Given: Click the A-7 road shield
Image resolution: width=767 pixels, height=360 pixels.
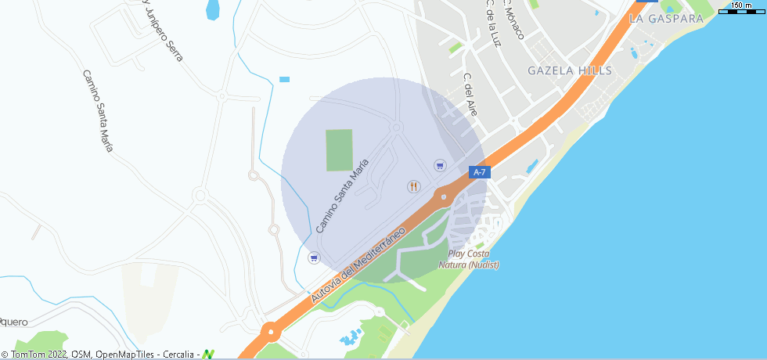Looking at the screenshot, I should point(480,172).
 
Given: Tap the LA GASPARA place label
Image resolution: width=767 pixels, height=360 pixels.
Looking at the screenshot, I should point(665,18).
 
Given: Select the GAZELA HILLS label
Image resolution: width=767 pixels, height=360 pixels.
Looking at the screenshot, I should point(570,70).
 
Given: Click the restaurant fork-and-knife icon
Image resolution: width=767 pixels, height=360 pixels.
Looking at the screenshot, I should point(414,186).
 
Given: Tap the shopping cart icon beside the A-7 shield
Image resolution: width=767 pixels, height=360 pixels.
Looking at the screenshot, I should point(440,165).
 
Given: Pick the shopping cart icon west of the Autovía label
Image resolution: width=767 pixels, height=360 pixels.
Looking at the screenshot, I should point(314,257).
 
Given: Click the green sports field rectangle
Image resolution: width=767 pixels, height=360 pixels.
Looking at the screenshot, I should point(339,150).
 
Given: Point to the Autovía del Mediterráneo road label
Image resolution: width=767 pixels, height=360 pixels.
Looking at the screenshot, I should point(357,266).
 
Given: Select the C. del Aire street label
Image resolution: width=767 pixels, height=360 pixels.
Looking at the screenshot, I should point(470,95).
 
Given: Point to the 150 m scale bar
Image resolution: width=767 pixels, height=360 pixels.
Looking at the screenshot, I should point(742,8).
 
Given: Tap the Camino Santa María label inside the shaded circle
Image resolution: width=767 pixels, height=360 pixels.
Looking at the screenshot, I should point(342,196).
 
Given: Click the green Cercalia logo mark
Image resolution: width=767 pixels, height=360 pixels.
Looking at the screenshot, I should point(208,354).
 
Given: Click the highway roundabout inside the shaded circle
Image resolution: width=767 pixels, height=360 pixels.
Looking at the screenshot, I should point(444,196).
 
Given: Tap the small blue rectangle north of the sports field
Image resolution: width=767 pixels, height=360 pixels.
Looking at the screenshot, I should point(284,79).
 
